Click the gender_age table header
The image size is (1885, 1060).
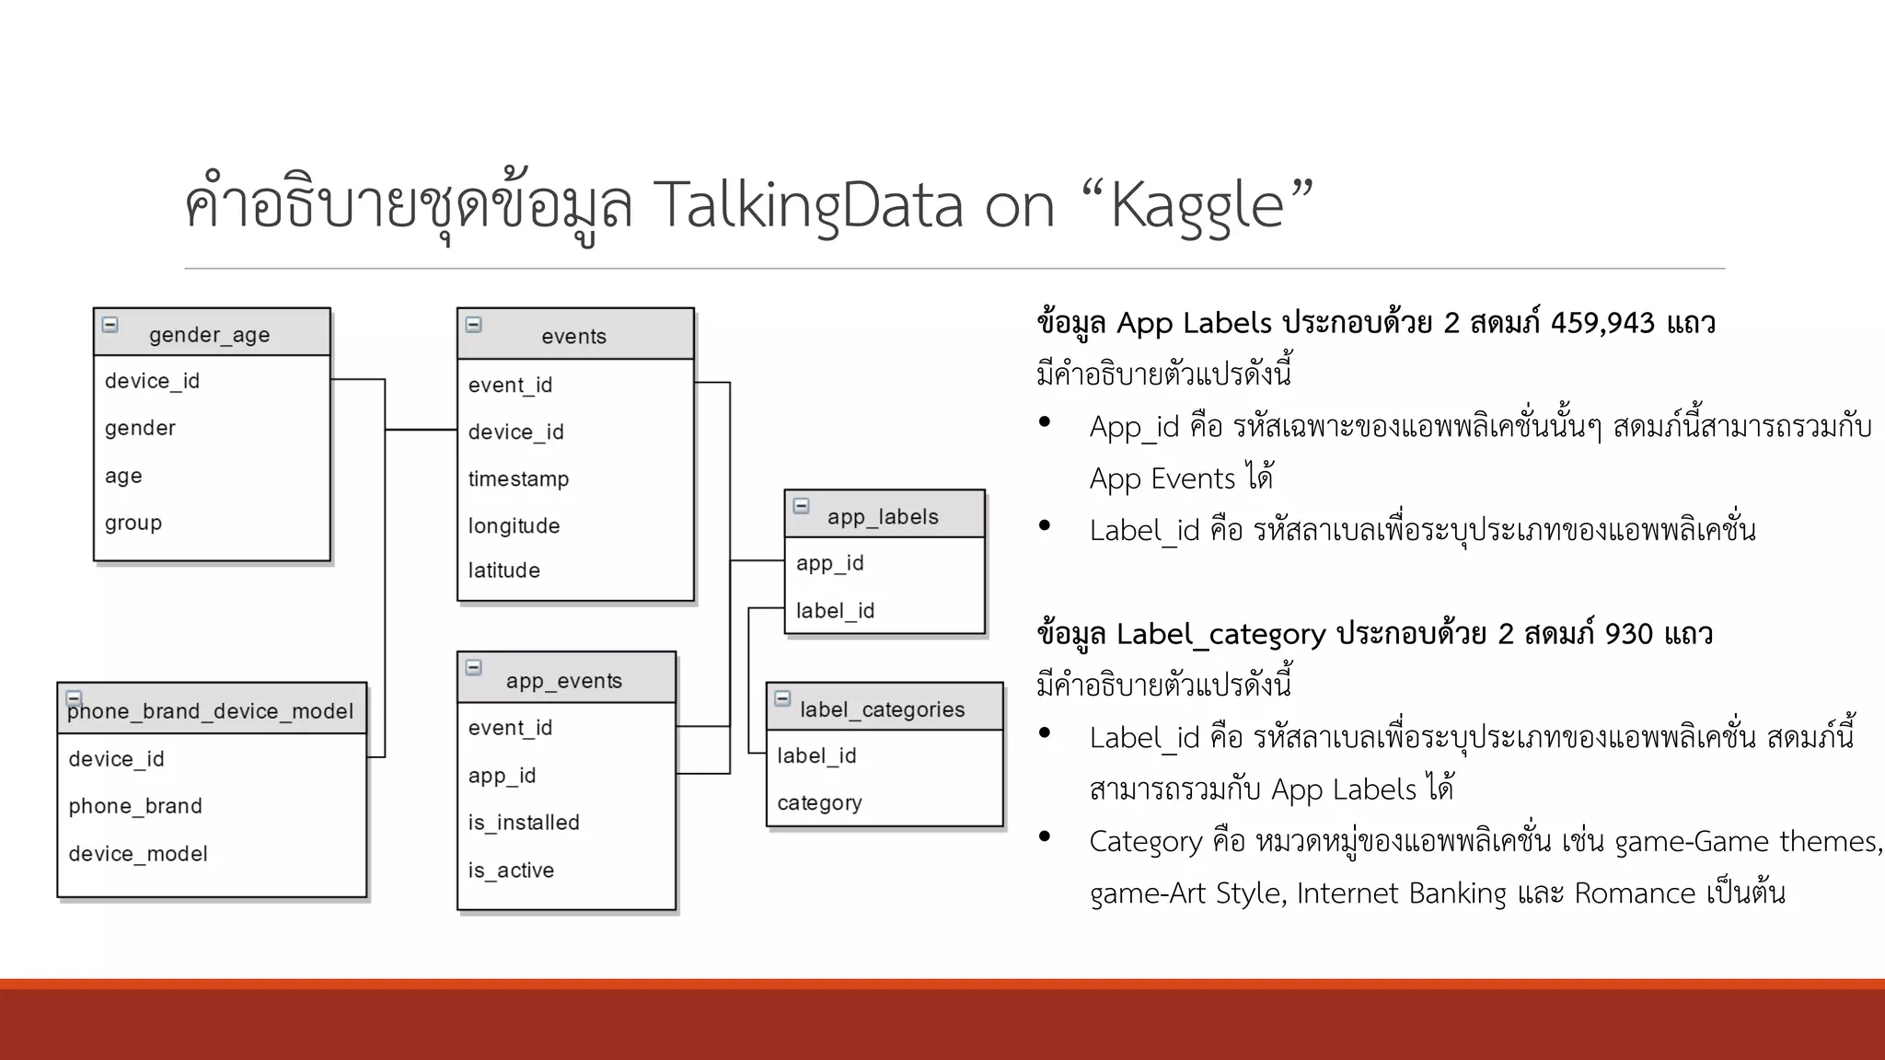pos(210,335)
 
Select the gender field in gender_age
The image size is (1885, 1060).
pos(140,428)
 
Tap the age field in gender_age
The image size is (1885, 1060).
pos(123,476)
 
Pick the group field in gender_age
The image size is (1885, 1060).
pos(133,523)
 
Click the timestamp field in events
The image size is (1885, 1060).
pos(518,478)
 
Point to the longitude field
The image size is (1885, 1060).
pos(514,525)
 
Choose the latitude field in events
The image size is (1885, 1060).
pos(503,570)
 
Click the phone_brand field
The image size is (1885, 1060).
pos(135,806)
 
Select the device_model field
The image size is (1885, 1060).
pos(138,854)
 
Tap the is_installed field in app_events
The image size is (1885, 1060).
pos(524,823)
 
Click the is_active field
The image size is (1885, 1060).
pos(511,870)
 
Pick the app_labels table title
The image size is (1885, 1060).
pos(883,517)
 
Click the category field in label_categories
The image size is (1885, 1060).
pos(819,803)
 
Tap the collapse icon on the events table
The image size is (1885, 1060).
pos(474,325)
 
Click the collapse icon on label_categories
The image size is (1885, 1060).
pos(782,698)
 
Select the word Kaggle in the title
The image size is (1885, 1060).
pos(1197,205)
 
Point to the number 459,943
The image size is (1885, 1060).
pos(1602,323)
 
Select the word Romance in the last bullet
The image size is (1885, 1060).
pos(1635,893)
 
